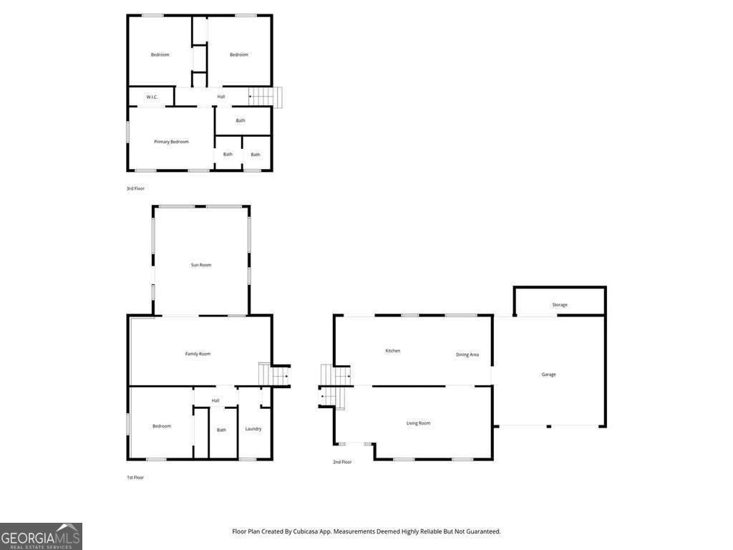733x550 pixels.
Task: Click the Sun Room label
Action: (x=201, y=265)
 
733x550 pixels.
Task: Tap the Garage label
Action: (x=548, y=375)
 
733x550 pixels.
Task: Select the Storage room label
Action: (x=560, y=305)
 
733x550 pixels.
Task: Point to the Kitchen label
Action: (x=393, y=351)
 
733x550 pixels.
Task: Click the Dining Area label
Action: (x=467, y=354)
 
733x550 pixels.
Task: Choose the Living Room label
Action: (x=419, y=423)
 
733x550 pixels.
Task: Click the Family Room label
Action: (x=198, y=354)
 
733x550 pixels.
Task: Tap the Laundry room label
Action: (x=253, y=429)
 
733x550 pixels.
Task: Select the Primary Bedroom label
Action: (x=171, y=142)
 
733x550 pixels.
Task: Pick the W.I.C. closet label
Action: (x=152, y=97)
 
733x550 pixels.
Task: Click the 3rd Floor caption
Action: (x=135, y=188)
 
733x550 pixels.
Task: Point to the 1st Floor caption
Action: (x=135, y=477)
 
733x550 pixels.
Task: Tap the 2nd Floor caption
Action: (x=342, y=462)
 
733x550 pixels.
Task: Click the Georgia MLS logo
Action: (x=41, y=536)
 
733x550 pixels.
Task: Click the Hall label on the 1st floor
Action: (x=215, y=400)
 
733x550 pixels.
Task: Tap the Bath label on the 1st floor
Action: (x=222, y=430)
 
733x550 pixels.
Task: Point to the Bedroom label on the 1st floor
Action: (x=162, y=426)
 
